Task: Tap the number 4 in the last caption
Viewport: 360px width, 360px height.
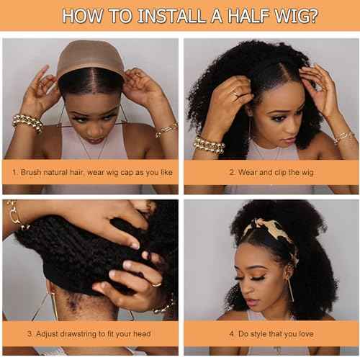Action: (232, 333)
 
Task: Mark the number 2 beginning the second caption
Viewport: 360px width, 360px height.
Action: (232, 173)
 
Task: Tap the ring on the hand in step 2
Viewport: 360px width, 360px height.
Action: (235, 94)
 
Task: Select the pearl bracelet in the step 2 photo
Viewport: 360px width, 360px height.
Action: (209, 143)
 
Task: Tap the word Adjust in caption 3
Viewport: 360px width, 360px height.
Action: (45, 333)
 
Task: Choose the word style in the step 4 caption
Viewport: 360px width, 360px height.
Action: (262, 333)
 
